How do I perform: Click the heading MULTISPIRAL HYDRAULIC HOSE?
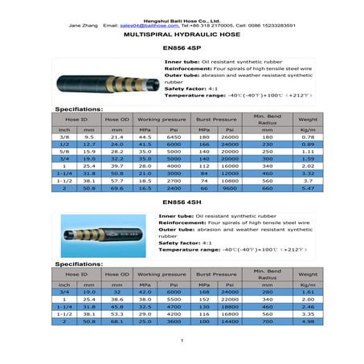[182, 37]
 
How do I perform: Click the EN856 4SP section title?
[182, 49]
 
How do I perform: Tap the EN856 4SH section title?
[182, 204]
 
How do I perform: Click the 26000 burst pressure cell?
[230, 137]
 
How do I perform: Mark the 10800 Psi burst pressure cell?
[230, 180]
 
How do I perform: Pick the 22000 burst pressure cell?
[230, 299]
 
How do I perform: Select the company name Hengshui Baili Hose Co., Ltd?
[182, 18]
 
